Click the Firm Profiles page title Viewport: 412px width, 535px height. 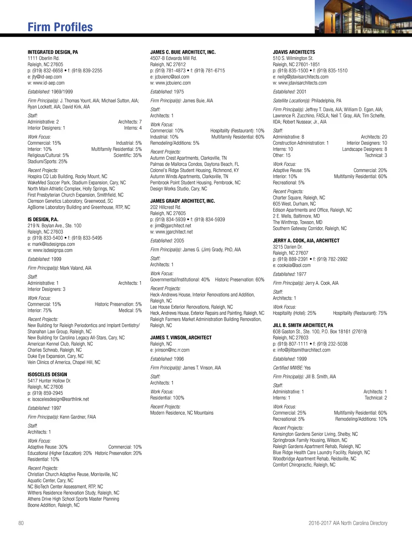(x=60, y=27)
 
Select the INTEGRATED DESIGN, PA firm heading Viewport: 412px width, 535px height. (x=53, y=52)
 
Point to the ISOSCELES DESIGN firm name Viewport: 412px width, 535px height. (x=47, y=374)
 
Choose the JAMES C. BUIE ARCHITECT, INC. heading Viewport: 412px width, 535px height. (x=183, y=52)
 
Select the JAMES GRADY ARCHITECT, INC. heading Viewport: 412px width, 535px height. (x=182, y=201)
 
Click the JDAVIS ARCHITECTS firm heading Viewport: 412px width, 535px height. (x=294, y=52)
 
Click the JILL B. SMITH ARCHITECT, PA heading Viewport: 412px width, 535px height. (x=303, y=325)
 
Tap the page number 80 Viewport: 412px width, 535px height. (x=21, y=523)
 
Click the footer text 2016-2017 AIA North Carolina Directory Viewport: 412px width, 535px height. (x=348, y=523)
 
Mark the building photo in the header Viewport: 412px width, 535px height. (x=363, y=17)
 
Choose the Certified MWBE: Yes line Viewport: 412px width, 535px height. (x=292, y=368)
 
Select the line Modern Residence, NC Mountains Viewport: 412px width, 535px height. (x=182, y=413)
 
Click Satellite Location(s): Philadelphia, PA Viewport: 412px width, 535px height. (x=307, y=101)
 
